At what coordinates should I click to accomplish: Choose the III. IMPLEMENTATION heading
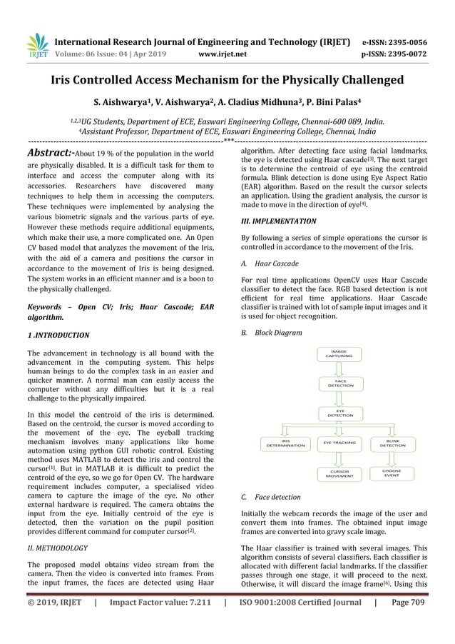[x=279, y=221]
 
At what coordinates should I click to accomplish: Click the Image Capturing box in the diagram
[x=340, y=354]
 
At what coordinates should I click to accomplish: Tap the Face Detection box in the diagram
[x=340, y=383]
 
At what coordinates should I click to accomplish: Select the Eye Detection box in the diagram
[x=340, y=413]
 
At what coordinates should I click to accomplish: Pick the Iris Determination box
[x=285, y=443]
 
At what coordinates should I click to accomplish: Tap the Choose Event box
[x=392, y=473]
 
